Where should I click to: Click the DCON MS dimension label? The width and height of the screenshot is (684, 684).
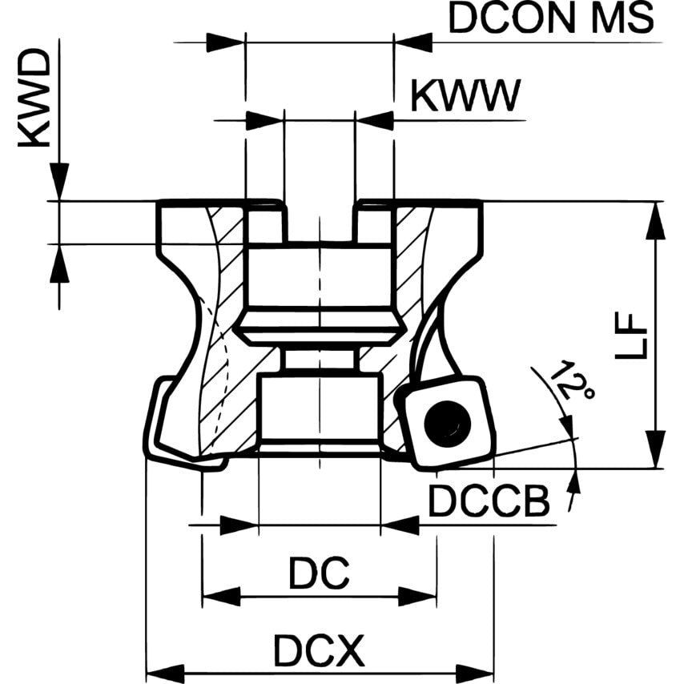click(551, 18)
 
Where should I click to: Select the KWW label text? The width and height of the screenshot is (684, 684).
click(465, 96)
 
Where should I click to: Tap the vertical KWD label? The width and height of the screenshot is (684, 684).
click(34, 99)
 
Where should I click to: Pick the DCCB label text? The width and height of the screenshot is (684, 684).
click(489, 502)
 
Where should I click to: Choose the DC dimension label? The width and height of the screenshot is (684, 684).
click(319, 573)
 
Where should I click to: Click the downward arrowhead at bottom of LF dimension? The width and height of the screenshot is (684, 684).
click(656, 449)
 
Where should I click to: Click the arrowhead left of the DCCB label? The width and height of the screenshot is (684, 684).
click(400, 525)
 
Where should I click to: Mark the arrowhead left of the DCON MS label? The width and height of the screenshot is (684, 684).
click(413, 42)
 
